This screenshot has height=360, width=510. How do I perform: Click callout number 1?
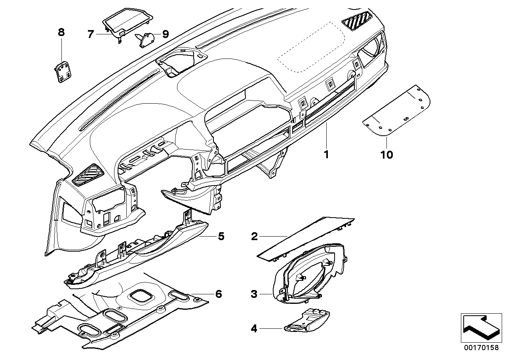tap(326, 154)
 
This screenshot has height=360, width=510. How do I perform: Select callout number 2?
tap(255, 237)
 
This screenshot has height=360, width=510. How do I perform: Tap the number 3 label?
tap(255, 294)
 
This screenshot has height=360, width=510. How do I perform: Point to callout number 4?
tap(255, 328)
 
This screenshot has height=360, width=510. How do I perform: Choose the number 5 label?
tap(221, 237)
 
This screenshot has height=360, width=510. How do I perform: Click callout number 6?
tap(218, 294)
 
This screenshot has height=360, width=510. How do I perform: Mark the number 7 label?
tap(90, 34)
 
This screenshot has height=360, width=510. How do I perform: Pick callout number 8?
tap(61, 32)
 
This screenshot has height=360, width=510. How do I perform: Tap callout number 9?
tap(165, 34)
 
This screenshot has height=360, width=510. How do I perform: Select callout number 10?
tap(387, 154)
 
